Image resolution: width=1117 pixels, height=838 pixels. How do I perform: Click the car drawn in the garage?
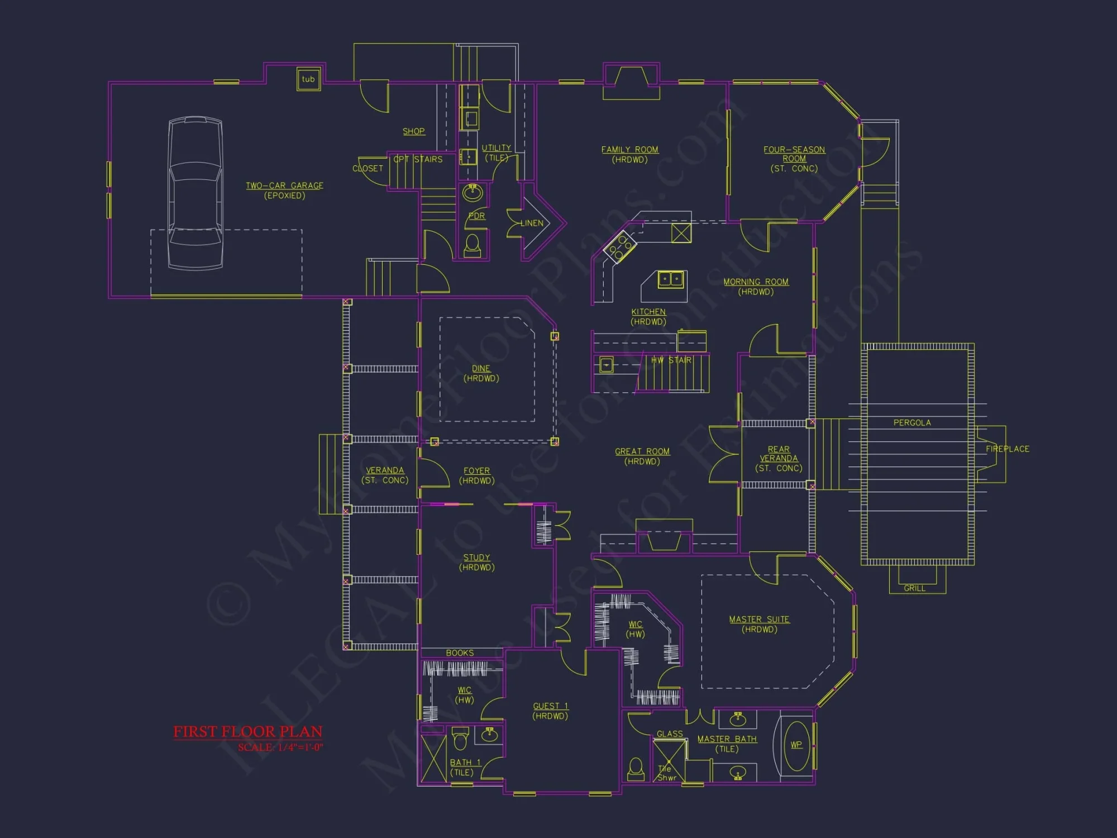195,193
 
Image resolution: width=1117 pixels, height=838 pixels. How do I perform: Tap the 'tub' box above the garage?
308,79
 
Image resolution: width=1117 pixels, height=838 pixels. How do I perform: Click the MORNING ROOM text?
756,282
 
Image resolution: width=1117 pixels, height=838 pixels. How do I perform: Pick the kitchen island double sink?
670,279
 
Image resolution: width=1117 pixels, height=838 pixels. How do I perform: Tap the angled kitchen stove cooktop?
620,246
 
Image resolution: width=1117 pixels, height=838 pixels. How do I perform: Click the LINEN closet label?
532,223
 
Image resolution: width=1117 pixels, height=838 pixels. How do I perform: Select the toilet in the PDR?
472,245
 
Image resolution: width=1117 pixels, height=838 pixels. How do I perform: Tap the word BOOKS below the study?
460,653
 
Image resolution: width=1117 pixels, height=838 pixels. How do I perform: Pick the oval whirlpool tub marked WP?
796,745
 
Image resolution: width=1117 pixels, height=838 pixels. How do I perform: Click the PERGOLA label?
912,423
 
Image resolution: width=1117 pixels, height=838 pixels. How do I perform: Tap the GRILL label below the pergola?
914,588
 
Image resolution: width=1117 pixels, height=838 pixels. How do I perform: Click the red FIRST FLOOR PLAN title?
247,732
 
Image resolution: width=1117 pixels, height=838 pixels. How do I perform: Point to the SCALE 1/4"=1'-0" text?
280,747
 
